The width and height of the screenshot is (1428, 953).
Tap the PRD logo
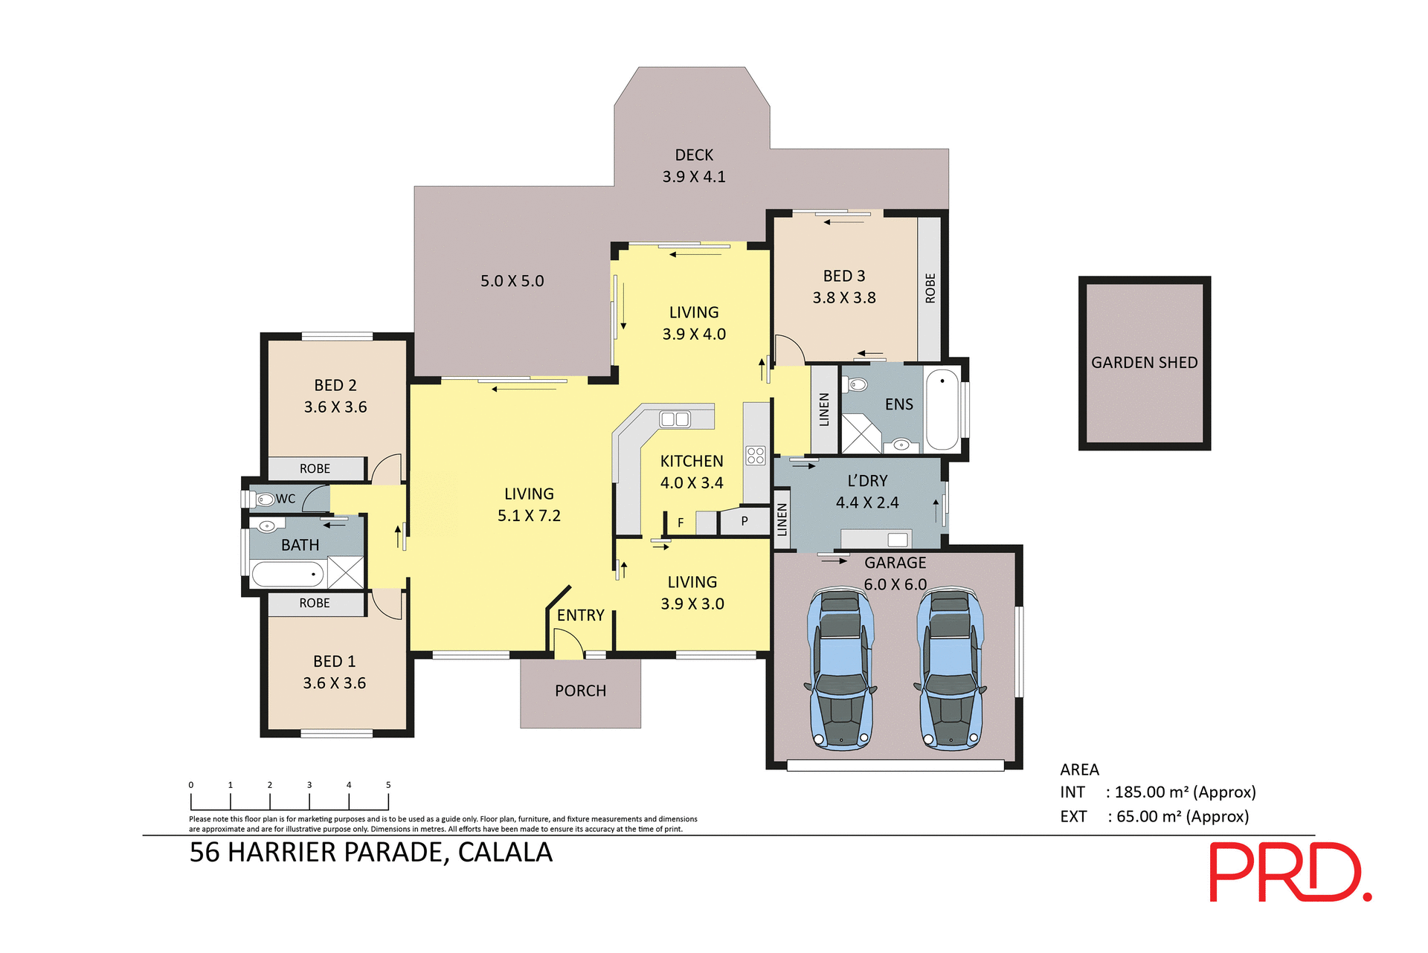click(x=1290, y=872)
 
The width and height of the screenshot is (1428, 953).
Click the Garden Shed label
click(x=1144, y=363)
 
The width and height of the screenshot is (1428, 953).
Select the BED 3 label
click(x=843, y=276)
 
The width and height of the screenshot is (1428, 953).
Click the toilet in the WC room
click(x=265, y=499)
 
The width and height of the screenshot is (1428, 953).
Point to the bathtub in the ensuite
click(x=942, y=410)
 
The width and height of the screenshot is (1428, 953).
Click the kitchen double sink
click(x=675, y=419)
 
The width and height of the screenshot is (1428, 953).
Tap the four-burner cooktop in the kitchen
click(x=756, y=456)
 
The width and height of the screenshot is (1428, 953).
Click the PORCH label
click(x=580, y=691)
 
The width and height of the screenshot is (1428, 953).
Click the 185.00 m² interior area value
click(x=1148, y=792)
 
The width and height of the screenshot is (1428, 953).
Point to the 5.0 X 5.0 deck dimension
click(x=512, y=281)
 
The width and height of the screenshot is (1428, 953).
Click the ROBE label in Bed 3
click(x=930, y=288)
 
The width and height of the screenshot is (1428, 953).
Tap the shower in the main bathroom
click(x=346, y=572)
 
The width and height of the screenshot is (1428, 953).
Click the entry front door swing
click(x=569, y=643)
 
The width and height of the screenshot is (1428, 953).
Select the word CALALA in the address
click(x=505, y=853)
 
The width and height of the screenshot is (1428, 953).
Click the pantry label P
click(x=744, y=522)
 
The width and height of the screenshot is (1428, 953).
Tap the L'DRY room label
click(x=867, y=481)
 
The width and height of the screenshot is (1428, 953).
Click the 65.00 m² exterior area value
click(x=1145, y=817)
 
